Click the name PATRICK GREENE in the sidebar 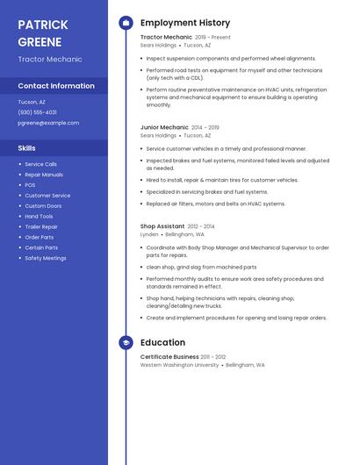pos(43,32)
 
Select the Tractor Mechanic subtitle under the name pos(50,60)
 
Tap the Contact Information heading pos(56,86)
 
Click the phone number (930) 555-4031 pos(38,112)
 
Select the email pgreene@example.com pos(48,123)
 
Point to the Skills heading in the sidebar pos(27,148)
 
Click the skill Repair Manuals pos(44,175)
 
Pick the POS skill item pos(31,185)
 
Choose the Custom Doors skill pos(43,206)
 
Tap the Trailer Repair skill pos(41,227)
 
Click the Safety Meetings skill pos(46,259)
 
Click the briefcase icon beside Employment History pos(126,23)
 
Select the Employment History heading pos(185,23)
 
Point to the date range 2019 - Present pos(212,38)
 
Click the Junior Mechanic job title pos(164,127)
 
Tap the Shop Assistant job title pos(162,226)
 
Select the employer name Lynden pos(149,235)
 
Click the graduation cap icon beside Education pos(126,342)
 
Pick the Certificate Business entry pos(169,357)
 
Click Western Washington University pos(179,365)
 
